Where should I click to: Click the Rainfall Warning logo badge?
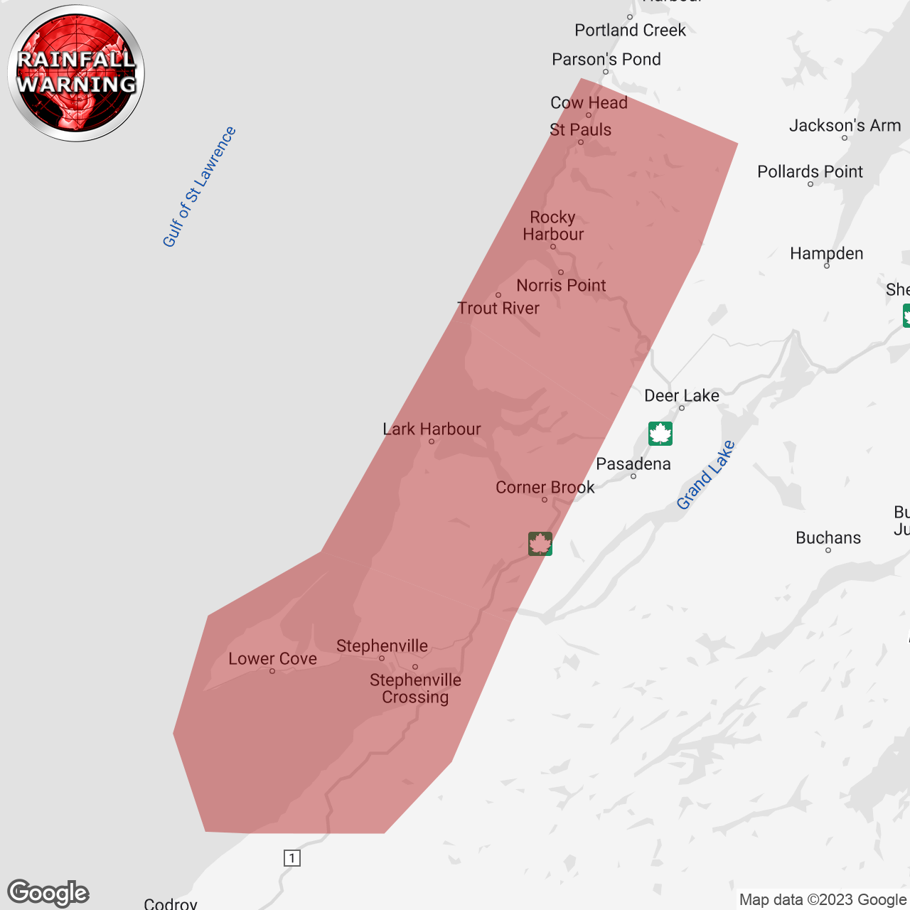coord(76,73)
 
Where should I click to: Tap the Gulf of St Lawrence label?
coord(199,187)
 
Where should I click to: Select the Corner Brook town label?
coord(545,488)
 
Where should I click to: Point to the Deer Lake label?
coord(681,396)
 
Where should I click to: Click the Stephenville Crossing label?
coord(415,688)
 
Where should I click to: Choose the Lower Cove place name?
coord(272,659)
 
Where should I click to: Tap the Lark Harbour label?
coord(432,429)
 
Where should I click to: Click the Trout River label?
coord(498,309)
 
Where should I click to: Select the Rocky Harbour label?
coord(553,226)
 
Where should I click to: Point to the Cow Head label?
coord(589,103)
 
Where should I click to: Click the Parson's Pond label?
coord(606,60)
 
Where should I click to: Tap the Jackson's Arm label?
coord(845,126)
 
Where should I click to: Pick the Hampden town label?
coord(826,254)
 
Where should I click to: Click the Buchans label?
coord(828,538)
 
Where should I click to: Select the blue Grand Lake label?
coord(705,475)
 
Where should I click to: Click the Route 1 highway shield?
coord(292,858)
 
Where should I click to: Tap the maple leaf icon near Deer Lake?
coord(660,434)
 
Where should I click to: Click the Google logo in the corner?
coord(48,893)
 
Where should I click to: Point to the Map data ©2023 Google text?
coord(823,900)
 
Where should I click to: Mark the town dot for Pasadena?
coord(633,476)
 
